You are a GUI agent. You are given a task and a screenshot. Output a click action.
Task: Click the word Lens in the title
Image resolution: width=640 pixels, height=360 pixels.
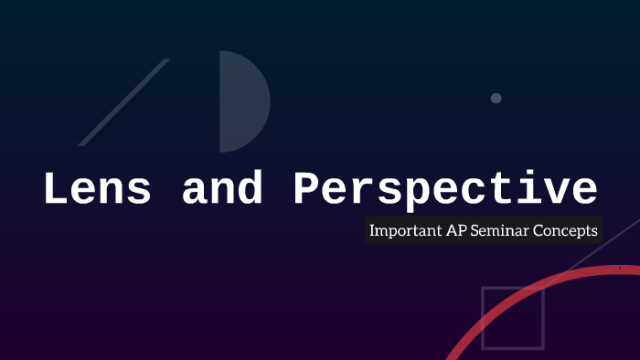click(99, 190)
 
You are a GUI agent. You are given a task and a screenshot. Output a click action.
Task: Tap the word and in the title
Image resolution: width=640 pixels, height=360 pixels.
click(223, 190)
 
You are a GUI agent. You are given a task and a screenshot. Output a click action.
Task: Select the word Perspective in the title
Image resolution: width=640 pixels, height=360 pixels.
click(445, 190)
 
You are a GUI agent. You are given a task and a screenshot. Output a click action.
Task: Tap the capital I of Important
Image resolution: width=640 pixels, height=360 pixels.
click(372, 231)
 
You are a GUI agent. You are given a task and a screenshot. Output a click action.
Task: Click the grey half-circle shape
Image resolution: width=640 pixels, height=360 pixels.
click(240, 101)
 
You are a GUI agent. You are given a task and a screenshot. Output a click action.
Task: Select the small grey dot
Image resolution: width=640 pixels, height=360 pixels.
click(496, 98)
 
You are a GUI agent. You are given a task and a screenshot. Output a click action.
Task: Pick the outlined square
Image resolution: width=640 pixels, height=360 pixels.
click(513, 318)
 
